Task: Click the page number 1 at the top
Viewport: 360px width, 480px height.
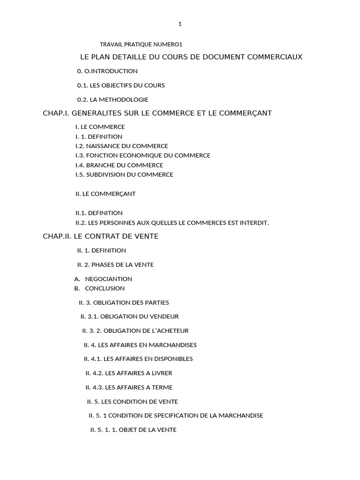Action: pyautogui.click(x=180, y=24)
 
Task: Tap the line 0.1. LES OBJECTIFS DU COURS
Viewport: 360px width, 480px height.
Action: pyautogui.click(x=121, y=85)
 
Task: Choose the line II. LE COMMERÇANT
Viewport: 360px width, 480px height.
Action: pyautogui.click(x=105, y=194)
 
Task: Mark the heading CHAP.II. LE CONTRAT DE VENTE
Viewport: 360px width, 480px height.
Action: pyautogui.click(x=101, y=236)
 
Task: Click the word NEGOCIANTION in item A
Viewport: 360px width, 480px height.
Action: pyautogui.click(x=109, y=279)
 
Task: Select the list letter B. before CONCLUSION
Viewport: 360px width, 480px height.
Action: pyautogui.click(x=77, y=288)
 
